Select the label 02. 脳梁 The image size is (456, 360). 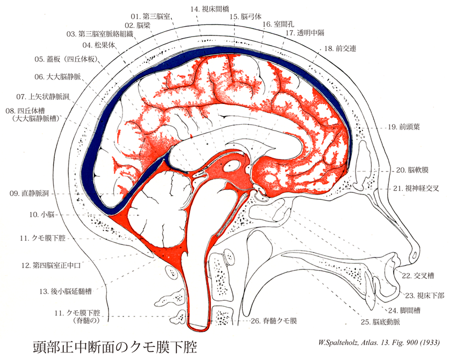pyautogui.click(x=137, y=25)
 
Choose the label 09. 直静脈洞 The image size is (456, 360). pyautogui.click(x=27, y=193)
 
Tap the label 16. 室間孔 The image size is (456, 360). pyautogui.click(x=274, y=25)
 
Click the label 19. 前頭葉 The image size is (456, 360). pyautogui.click(x=399, y=128)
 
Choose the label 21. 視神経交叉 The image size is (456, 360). pyautogui.click(x=416, y=189)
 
